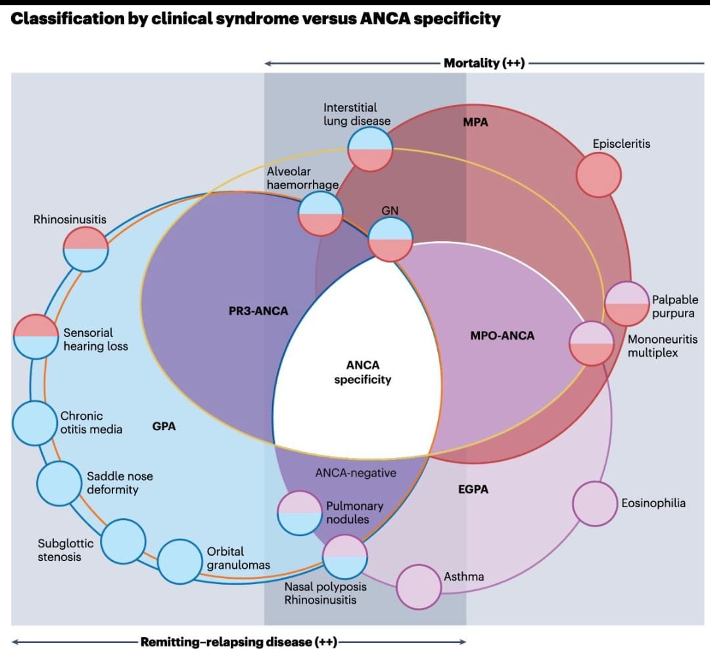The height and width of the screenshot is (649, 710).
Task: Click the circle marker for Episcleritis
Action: [599, 175]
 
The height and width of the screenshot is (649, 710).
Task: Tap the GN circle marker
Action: [390, 239]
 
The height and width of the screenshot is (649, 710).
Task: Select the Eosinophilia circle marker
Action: [595, 504]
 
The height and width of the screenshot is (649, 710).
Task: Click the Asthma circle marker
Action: [419, 587]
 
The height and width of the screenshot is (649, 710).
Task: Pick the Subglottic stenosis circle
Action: [124, 541]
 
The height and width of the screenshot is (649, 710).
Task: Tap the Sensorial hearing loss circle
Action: [35, 337]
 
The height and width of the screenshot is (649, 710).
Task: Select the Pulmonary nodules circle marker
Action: [299, 513]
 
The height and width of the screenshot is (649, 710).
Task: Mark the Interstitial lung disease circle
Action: [370, 149]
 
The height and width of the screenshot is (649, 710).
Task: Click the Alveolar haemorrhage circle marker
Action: [320, 213]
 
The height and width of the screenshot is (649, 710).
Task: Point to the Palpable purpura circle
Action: [627, 304]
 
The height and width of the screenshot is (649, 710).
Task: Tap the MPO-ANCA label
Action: [502, 336]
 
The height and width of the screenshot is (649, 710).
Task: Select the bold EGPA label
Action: [473, 489]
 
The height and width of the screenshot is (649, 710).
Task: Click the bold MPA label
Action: [475, 122]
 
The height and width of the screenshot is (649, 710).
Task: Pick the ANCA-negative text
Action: [356, 472]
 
